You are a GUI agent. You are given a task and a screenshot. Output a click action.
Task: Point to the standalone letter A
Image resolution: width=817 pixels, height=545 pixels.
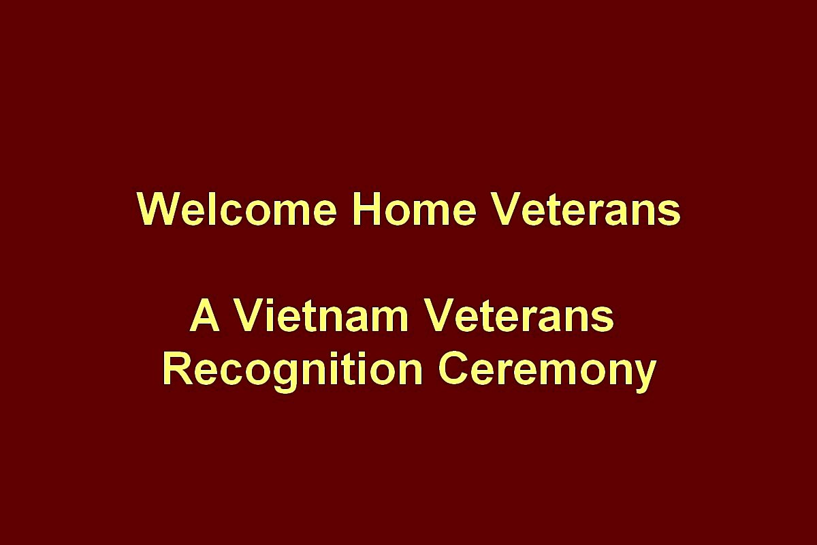tap(205, 315)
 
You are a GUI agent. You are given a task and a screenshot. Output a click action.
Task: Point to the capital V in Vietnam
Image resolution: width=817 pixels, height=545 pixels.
tap(249, 315)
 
